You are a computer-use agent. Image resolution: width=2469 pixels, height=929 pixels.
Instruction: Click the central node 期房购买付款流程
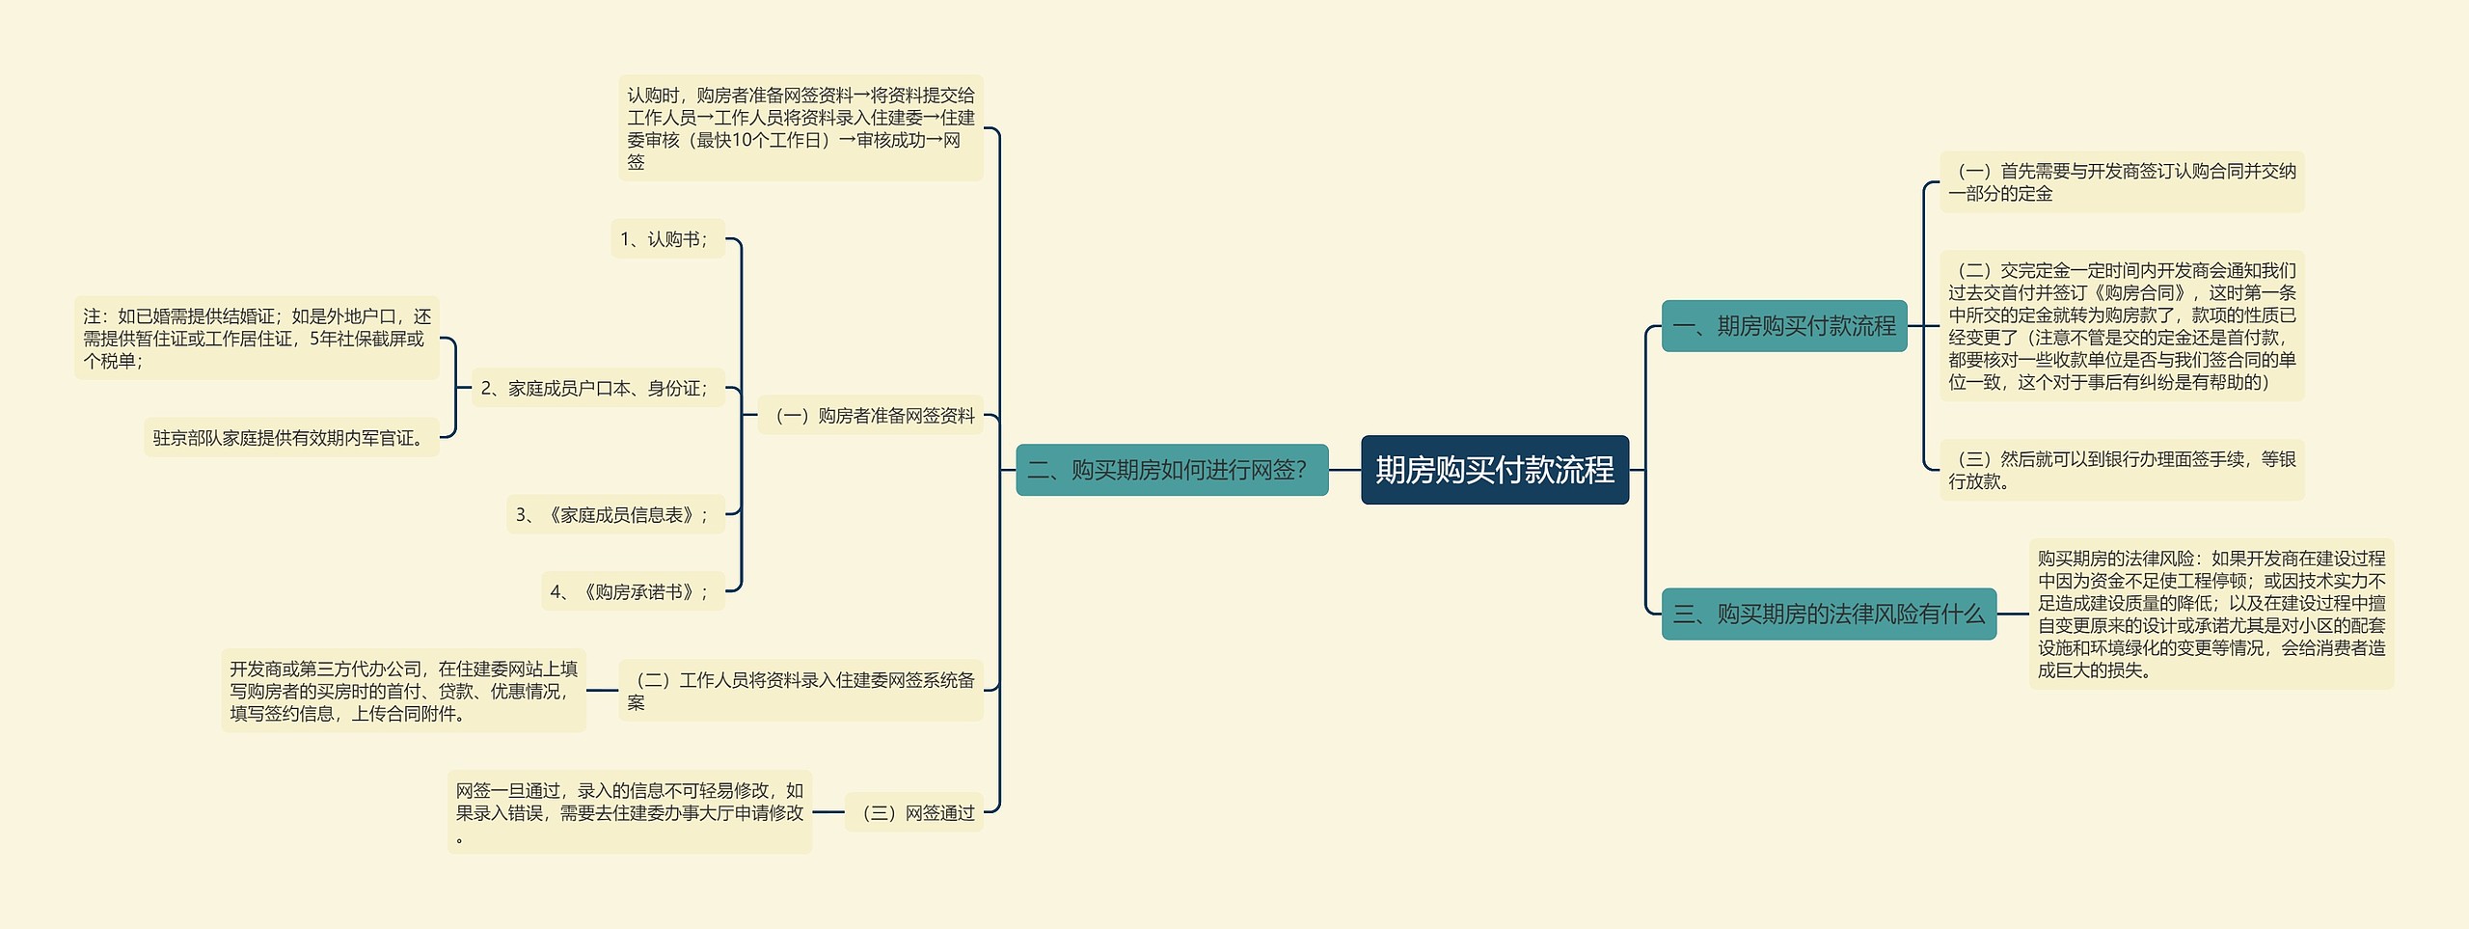click(1494, 470)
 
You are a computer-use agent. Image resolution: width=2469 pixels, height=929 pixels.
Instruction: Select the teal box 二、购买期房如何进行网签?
click(1172, 470)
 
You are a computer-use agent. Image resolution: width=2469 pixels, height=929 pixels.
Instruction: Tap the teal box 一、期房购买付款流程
click(1783, 326)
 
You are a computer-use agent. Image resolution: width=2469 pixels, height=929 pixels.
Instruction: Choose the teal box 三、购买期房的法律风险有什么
click(1829, 614)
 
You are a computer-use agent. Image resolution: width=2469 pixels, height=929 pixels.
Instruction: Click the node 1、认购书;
click(666, 239)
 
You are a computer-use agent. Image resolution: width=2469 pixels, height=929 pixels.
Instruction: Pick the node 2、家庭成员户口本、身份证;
click(597, 388)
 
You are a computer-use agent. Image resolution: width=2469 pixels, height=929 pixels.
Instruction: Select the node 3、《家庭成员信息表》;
click(614, 514)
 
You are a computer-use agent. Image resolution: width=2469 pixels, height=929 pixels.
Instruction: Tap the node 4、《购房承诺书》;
click(632, 591)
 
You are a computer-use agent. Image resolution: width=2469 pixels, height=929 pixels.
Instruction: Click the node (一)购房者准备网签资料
click(870, 416)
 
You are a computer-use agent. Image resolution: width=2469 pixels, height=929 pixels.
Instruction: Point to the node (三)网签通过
click(913, 812)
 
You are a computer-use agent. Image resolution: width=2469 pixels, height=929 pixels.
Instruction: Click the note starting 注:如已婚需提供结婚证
click(257, 339)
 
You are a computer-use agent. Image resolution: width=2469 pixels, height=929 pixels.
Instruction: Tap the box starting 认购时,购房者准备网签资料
click(800, 128)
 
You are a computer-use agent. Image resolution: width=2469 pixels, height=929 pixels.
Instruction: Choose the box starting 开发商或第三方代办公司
click(403, 691)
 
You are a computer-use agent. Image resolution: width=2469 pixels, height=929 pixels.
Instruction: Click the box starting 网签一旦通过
click(629, 812)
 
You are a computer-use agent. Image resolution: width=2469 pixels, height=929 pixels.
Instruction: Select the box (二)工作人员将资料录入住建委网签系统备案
click(800, 691)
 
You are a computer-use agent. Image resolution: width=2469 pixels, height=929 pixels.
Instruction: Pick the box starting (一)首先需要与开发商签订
click(2121, 182)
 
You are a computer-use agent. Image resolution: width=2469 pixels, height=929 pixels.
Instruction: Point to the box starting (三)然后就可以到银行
click(2121, 470)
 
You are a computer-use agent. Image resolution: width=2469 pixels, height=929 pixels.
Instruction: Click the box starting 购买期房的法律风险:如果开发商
click(2211, 614)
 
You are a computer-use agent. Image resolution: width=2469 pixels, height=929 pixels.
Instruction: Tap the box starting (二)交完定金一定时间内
click(2121, 326)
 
